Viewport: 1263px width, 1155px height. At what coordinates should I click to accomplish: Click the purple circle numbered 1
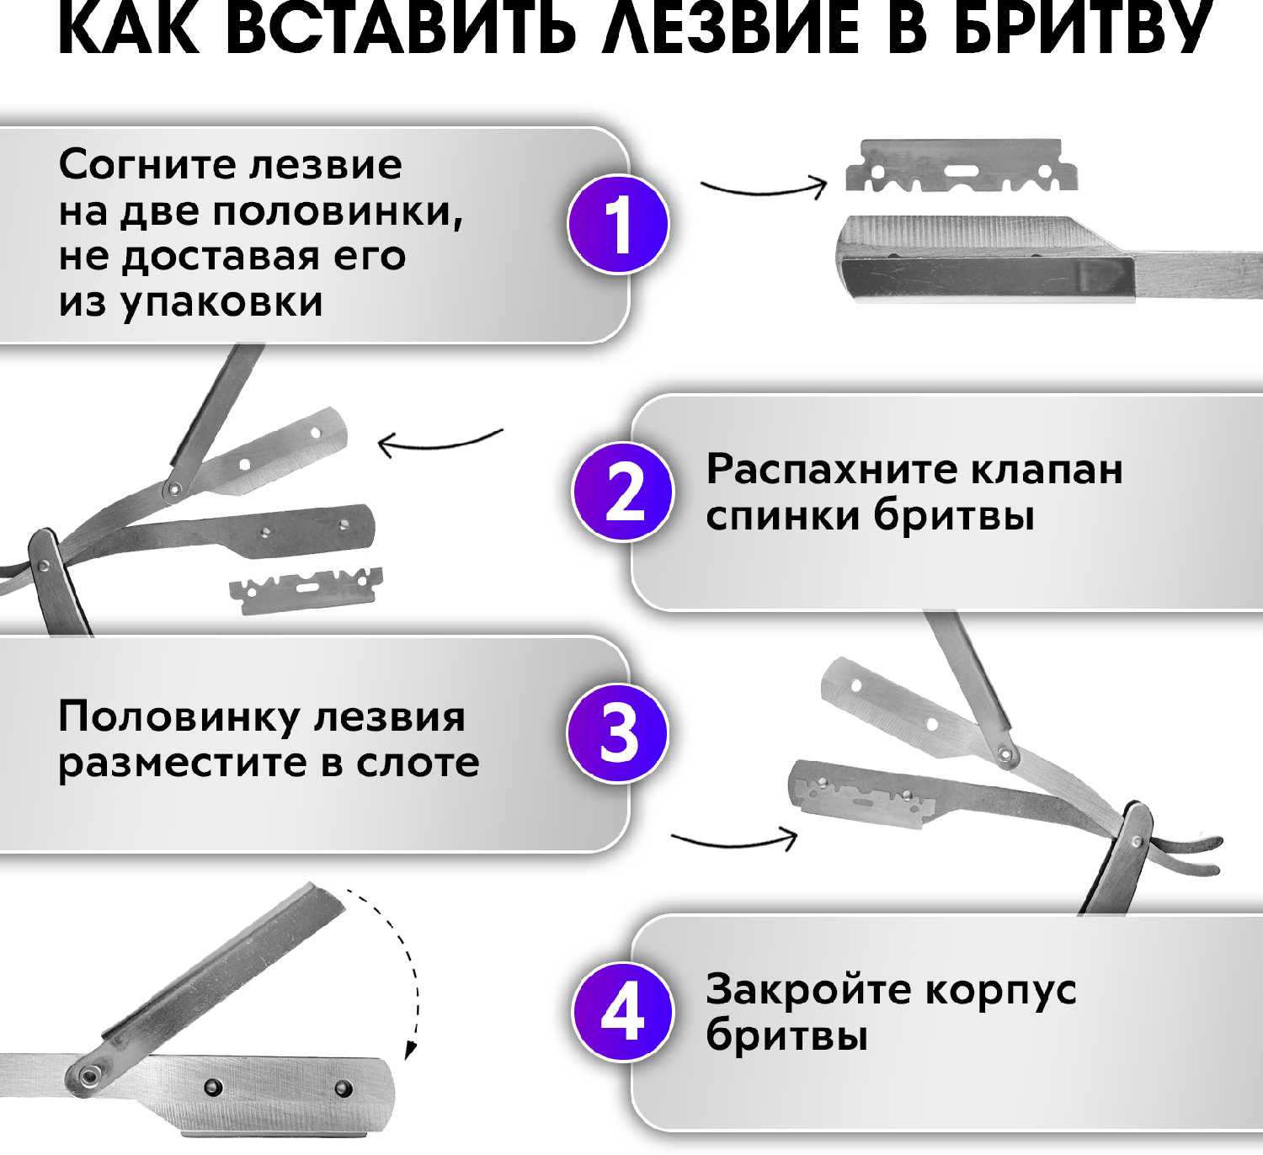618,224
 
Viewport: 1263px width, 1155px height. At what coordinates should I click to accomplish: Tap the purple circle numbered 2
623,492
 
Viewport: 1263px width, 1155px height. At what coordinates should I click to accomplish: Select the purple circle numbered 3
618,732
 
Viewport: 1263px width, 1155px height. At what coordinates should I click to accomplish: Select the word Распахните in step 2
830,470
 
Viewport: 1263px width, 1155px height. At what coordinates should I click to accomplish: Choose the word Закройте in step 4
807,990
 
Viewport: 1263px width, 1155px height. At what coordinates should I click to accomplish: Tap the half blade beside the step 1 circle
962,166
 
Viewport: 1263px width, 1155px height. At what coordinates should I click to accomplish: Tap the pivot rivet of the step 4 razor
86,1074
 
